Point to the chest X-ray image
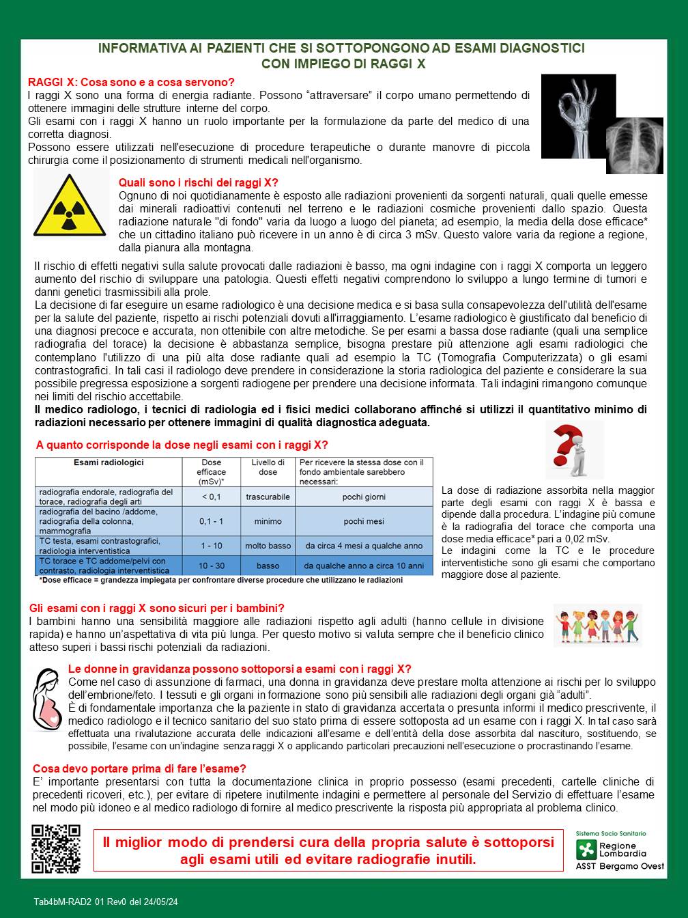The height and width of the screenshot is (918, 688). [x=635, y=145]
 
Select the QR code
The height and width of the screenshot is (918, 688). [x=56, y=849]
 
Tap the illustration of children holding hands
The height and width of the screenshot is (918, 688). [x=598, y=625]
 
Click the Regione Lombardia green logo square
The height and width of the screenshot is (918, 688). [x=586, y=850]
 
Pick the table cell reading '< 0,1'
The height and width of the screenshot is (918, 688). [x=211, y=497]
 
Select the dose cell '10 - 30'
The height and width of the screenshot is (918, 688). [x=211, y=566]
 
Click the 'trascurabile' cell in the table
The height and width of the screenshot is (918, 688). [x=268, y=497]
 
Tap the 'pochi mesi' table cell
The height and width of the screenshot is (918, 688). [x=364, y=521]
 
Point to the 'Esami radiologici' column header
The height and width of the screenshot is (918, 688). [x=109, y=462]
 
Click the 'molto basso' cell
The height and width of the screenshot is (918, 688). [x=268, y=546]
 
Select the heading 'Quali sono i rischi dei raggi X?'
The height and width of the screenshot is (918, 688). [x=199, y=182]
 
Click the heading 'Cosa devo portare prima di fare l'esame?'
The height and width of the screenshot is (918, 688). [x=139, y=768]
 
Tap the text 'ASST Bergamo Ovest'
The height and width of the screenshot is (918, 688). [x=620, y=866]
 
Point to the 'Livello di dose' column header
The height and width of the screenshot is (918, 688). [x=268, y=467]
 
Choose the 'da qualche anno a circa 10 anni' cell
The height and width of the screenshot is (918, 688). [x=364, y=566]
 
